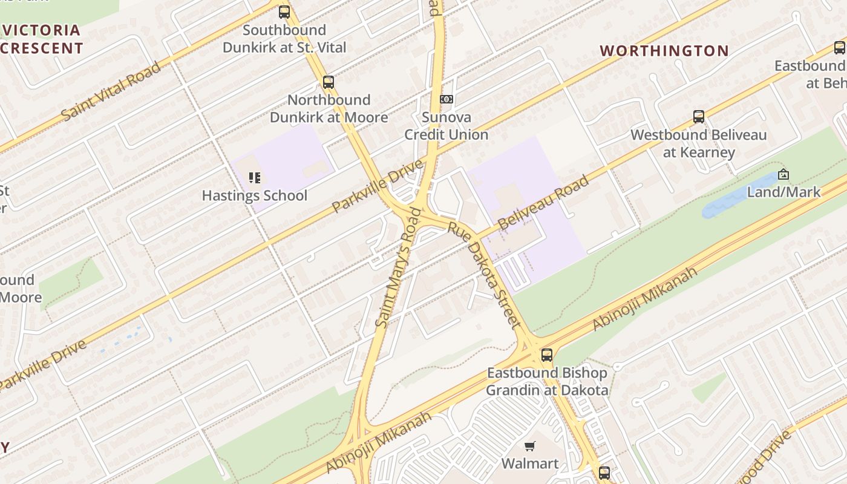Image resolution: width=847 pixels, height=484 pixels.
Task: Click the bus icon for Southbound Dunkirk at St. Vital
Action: [x=284, y=12]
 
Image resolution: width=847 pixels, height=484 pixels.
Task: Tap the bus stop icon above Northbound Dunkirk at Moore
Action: [x=328, y=82]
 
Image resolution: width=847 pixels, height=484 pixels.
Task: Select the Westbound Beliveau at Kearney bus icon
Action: [x=699, y=117]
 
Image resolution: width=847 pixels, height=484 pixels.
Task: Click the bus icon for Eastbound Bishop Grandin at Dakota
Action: [x=547, y=355]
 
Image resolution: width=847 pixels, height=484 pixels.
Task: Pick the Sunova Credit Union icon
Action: [x=446, y=99]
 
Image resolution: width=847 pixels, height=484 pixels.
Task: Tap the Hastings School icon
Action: [x=255, y=178]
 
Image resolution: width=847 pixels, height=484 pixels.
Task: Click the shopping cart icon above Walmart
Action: [x=530, y=446]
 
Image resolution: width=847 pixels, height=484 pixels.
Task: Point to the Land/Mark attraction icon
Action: [x=783, y=174]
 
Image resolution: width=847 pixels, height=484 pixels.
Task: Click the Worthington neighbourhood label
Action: [x=664, y=51]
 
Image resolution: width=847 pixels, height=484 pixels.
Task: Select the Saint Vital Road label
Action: [x=111, y=91]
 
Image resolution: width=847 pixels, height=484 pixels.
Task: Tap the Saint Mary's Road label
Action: [x=398, y=267]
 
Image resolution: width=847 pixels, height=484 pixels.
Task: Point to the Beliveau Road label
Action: [x=543, y=203]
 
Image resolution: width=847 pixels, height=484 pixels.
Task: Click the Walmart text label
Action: [x=530, y=464]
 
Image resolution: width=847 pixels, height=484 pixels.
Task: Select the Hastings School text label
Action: [x=255, y=196]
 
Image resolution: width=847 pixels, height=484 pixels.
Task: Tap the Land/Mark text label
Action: [x=783, y=192]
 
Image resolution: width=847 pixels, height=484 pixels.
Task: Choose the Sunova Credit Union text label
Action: [x=446, y=126]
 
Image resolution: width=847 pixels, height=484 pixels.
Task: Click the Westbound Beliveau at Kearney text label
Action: [x=699, y=143]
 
